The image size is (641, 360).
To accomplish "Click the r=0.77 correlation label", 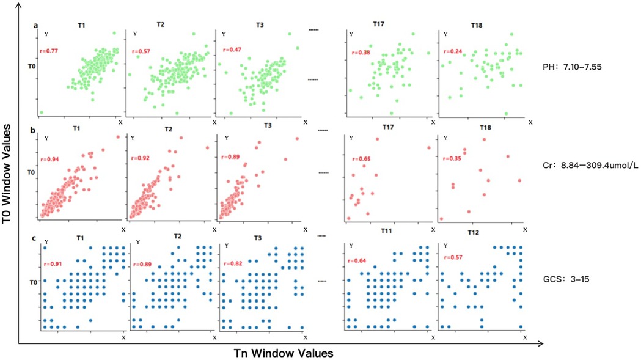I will pos(50,45).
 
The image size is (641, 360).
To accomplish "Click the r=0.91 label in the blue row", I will pos(50,265).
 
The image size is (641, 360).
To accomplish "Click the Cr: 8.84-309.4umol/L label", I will pos(582,173).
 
